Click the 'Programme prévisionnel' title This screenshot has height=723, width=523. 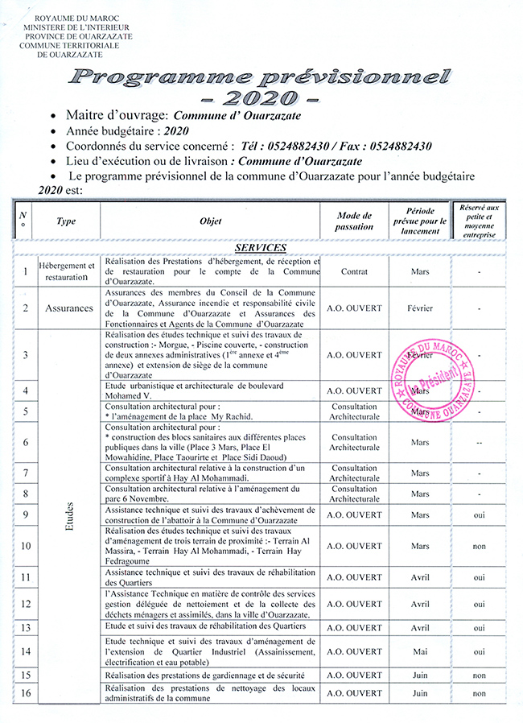(x=259, y=78)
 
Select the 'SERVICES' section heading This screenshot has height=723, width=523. (x=261, y=247)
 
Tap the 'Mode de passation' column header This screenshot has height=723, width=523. (x=354, y=221)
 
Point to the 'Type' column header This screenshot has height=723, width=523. (x=68, y=221)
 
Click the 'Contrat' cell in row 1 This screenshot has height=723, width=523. (x=354, y=272)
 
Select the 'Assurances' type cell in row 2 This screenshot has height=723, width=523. (x=68, y=308)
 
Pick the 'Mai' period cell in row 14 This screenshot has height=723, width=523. (x=419, y=651)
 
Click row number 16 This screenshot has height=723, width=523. (x=26, y=692)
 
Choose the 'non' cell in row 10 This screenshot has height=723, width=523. (x=480, y=547)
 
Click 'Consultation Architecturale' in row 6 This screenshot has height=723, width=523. (x=354, y=442)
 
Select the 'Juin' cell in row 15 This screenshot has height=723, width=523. (x=419, y=675)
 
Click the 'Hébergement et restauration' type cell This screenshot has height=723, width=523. (x=68, y=271)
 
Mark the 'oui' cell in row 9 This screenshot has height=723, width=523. (x=480, y=515)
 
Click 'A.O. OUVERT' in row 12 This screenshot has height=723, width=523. (x=354, y=604)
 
